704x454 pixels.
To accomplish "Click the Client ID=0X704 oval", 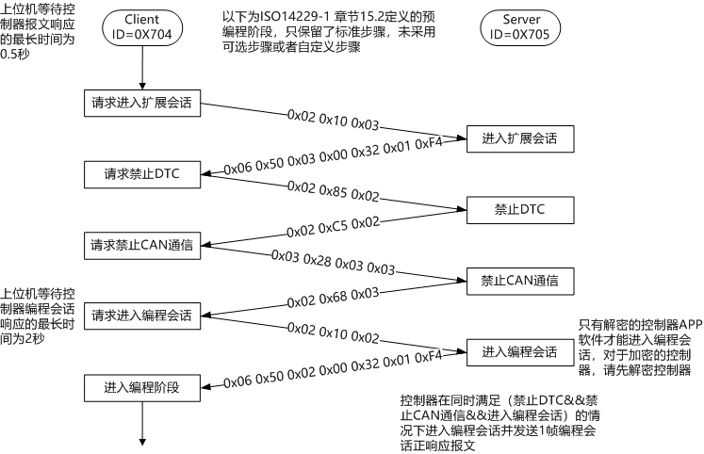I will click(141, 26).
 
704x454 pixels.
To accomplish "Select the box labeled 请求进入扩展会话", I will click(141, 103).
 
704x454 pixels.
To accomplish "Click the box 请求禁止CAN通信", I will click(141, 244).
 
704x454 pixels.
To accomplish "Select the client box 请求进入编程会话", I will click(141, 315).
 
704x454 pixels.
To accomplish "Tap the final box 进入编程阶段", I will click(141, 386).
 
